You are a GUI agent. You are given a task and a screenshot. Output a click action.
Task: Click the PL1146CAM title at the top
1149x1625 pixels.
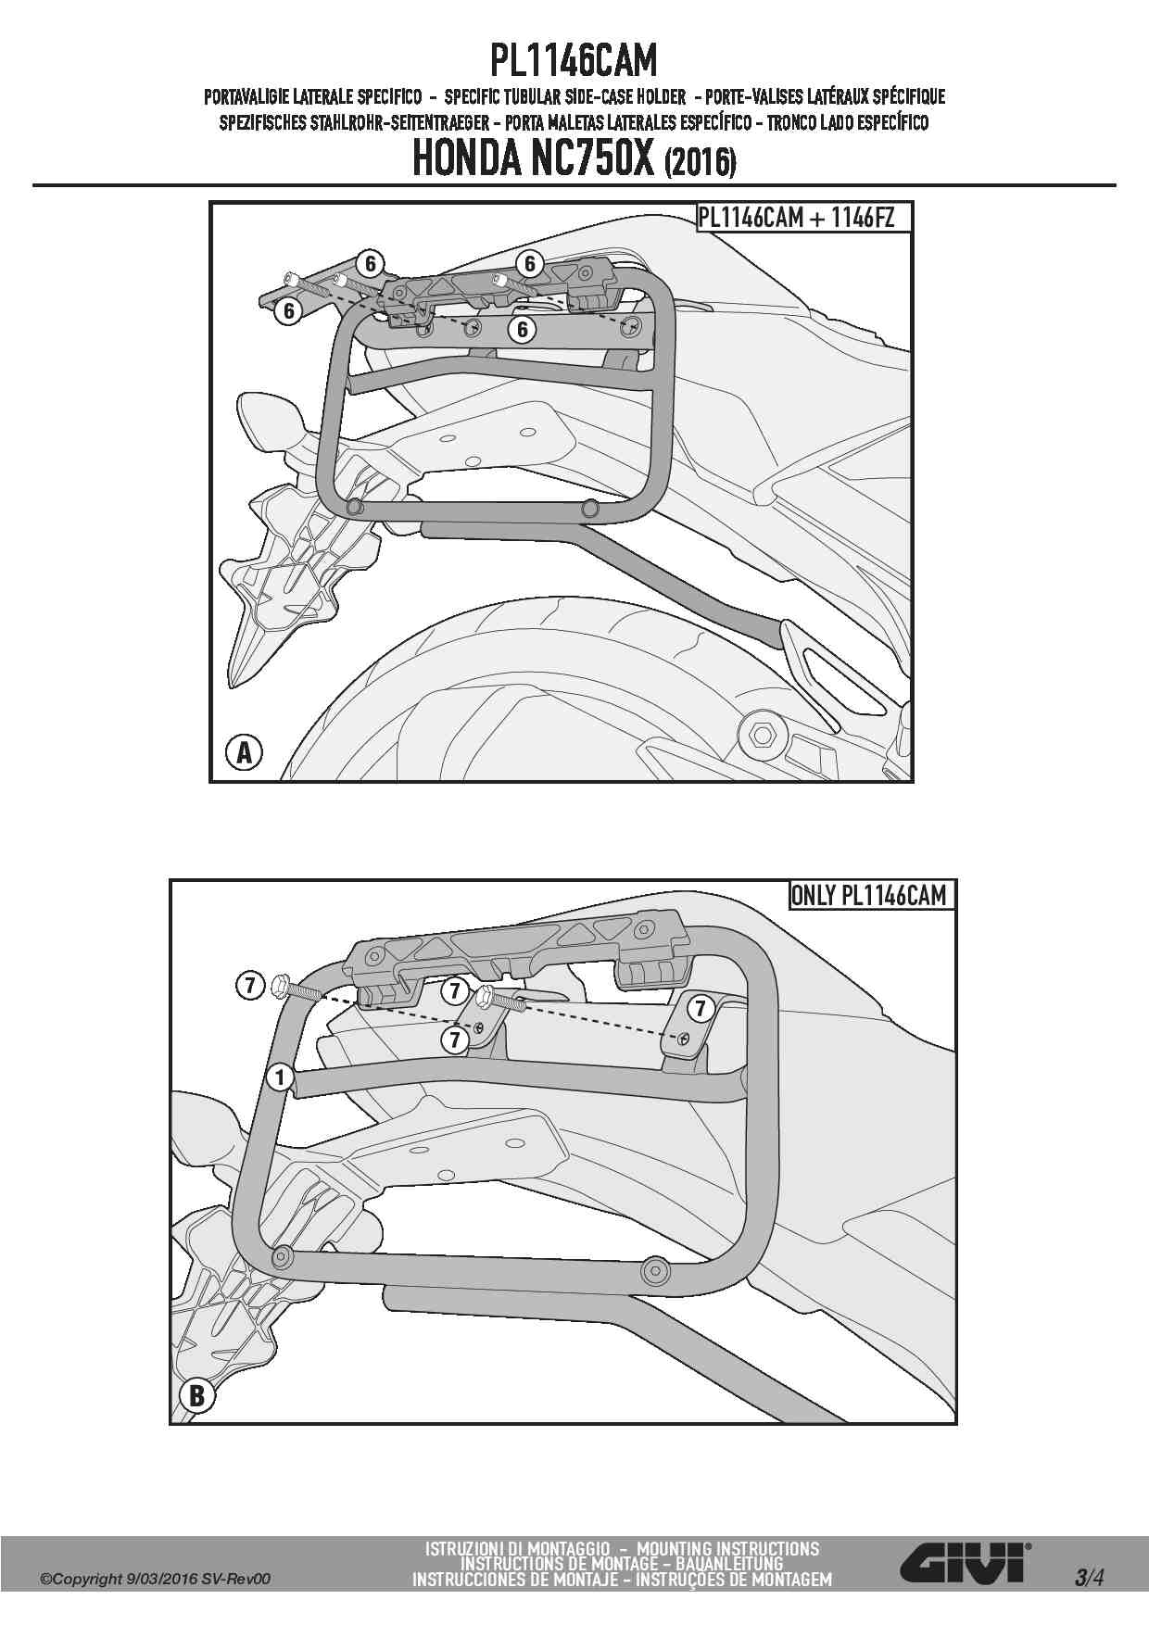coord(574,61)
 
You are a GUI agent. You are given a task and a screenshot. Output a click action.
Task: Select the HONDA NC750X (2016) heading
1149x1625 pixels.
coord(574,159)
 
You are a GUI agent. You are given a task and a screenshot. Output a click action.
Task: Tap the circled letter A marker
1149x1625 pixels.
coord(244,752)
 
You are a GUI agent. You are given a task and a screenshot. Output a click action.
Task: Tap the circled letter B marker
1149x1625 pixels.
coord(196,1395)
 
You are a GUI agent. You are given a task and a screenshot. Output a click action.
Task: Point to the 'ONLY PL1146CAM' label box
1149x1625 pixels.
coord(869,895)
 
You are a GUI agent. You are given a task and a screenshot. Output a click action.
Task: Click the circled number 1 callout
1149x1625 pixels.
coord(279,1077)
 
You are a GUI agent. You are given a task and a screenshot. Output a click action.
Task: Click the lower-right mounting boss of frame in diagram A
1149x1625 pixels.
coord(589,508)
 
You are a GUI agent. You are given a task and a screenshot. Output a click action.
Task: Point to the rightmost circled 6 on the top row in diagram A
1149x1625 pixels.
coord(529,264)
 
